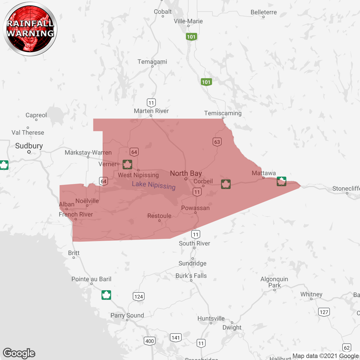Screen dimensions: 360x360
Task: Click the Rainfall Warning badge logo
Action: [x=30, y=29]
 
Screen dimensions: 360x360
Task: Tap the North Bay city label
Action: [x=186, y=173]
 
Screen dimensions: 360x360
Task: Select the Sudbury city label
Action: [x=29, y=146]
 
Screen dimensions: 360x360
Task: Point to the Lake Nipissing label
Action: [x=154, y=185]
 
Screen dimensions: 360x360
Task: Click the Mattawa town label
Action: [x=264, y=173]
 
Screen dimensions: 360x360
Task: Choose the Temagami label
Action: [x=152, y=62]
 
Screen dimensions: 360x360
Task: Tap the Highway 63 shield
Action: [x=217, y=142]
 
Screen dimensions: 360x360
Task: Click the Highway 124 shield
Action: [x=139, y=296]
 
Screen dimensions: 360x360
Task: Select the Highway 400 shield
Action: [x=149, y=341]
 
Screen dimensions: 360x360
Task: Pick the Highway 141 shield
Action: [x=175, y=337]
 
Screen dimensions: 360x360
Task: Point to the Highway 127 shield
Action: [x=324, y=312]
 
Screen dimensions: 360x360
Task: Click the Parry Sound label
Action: [x=127, y=315]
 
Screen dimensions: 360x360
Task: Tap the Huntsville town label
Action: [x=211, y=318]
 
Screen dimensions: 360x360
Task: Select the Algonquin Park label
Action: [x=274, y=282]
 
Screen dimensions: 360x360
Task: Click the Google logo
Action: [x=19, y=353]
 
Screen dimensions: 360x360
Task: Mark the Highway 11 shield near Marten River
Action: [x=151, y=103]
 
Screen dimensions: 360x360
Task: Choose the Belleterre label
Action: [x=264, y=12]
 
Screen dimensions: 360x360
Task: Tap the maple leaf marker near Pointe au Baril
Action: [x=106, y=295]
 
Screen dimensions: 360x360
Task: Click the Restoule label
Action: [x=159, y=216]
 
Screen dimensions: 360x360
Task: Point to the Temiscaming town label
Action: [x=223, y=113]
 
